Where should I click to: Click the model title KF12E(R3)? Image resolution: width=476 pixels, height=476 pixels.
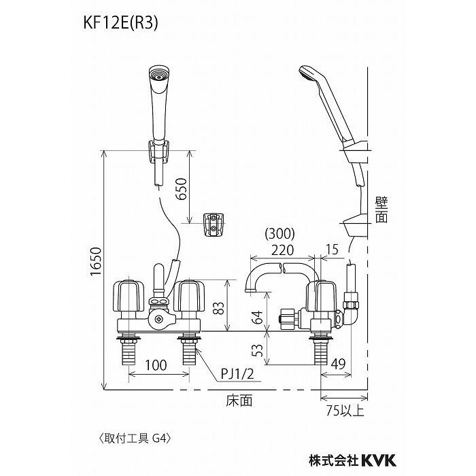click(x=120, y=24)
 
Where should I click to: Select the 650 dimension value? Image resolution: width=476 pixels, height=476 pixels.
click(x=182, y=188)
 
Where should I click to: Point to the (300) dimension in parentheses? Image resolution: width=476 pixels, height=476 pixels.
click(x=279, y=233)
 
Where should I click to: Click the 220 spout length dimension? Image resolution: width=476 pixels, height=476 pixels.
click(x=282, y=250)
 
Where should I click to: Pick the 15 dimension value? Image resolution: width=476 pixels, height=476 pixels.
click(x=333, y=250)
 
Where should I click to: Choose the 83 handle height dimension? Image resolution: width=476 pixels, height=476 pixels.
click(x=221, y=307)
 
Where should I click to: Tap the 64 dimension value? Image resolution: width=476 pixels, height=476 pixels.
click(x=258, y=317)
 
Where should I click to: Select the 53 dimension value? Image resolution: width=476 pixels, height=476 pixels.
click(x=258, y=351)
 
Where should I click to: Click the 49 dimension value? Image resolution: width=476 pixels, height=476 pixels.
click(x=338, y=364)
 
